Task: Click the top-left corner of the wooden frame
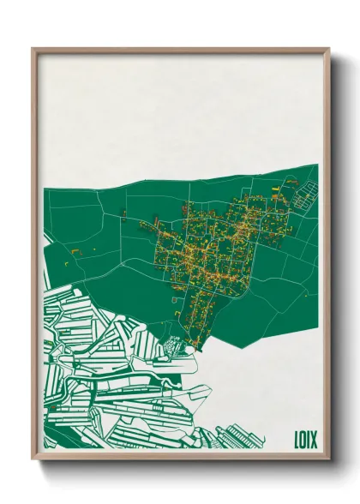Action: (x=33, y=49)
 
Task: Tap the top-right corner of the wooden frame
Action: (x=328, y=49)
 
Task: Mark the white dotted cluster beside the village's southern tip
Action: (x=174, y=345)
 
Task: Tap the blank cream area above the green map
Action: (x=180, y=111)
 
